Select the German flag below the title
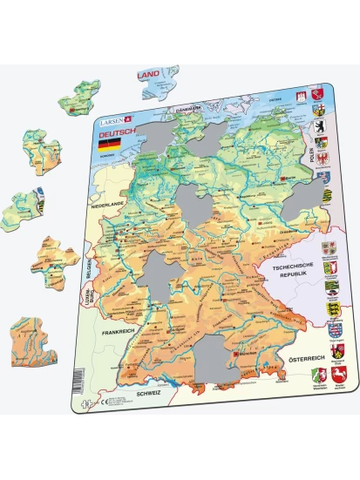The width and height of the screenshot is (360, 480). click(x=105, y=149)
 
